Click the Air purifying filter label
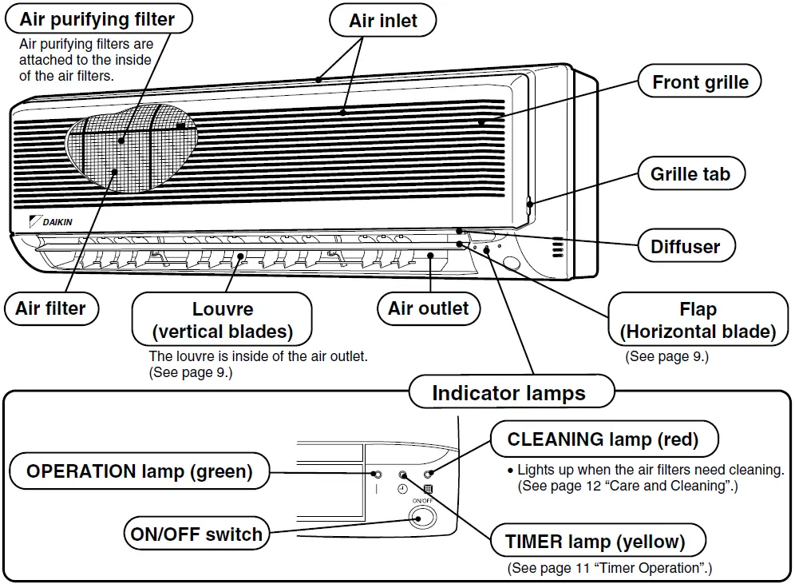(97, 18)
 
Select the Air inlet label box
(383, 21)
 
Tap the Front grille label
(700, 82)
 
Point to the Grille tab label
(690, 174)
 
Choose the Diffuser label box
(686, 246)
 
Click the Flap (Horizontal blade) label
(698, 320)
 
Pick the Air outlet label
(429, 308)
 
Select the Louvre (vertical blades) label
(222, 320)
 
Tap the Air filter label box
(50, 308)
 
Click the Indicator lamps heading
(508, 393)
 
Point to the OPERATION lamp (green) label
(139, 471)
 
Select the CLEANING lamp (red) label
(603, 439)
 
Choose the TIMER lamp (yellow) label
(595, 542)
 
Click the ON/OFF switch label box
(196, 534)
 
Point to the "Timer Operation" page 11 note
(610, 568)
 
